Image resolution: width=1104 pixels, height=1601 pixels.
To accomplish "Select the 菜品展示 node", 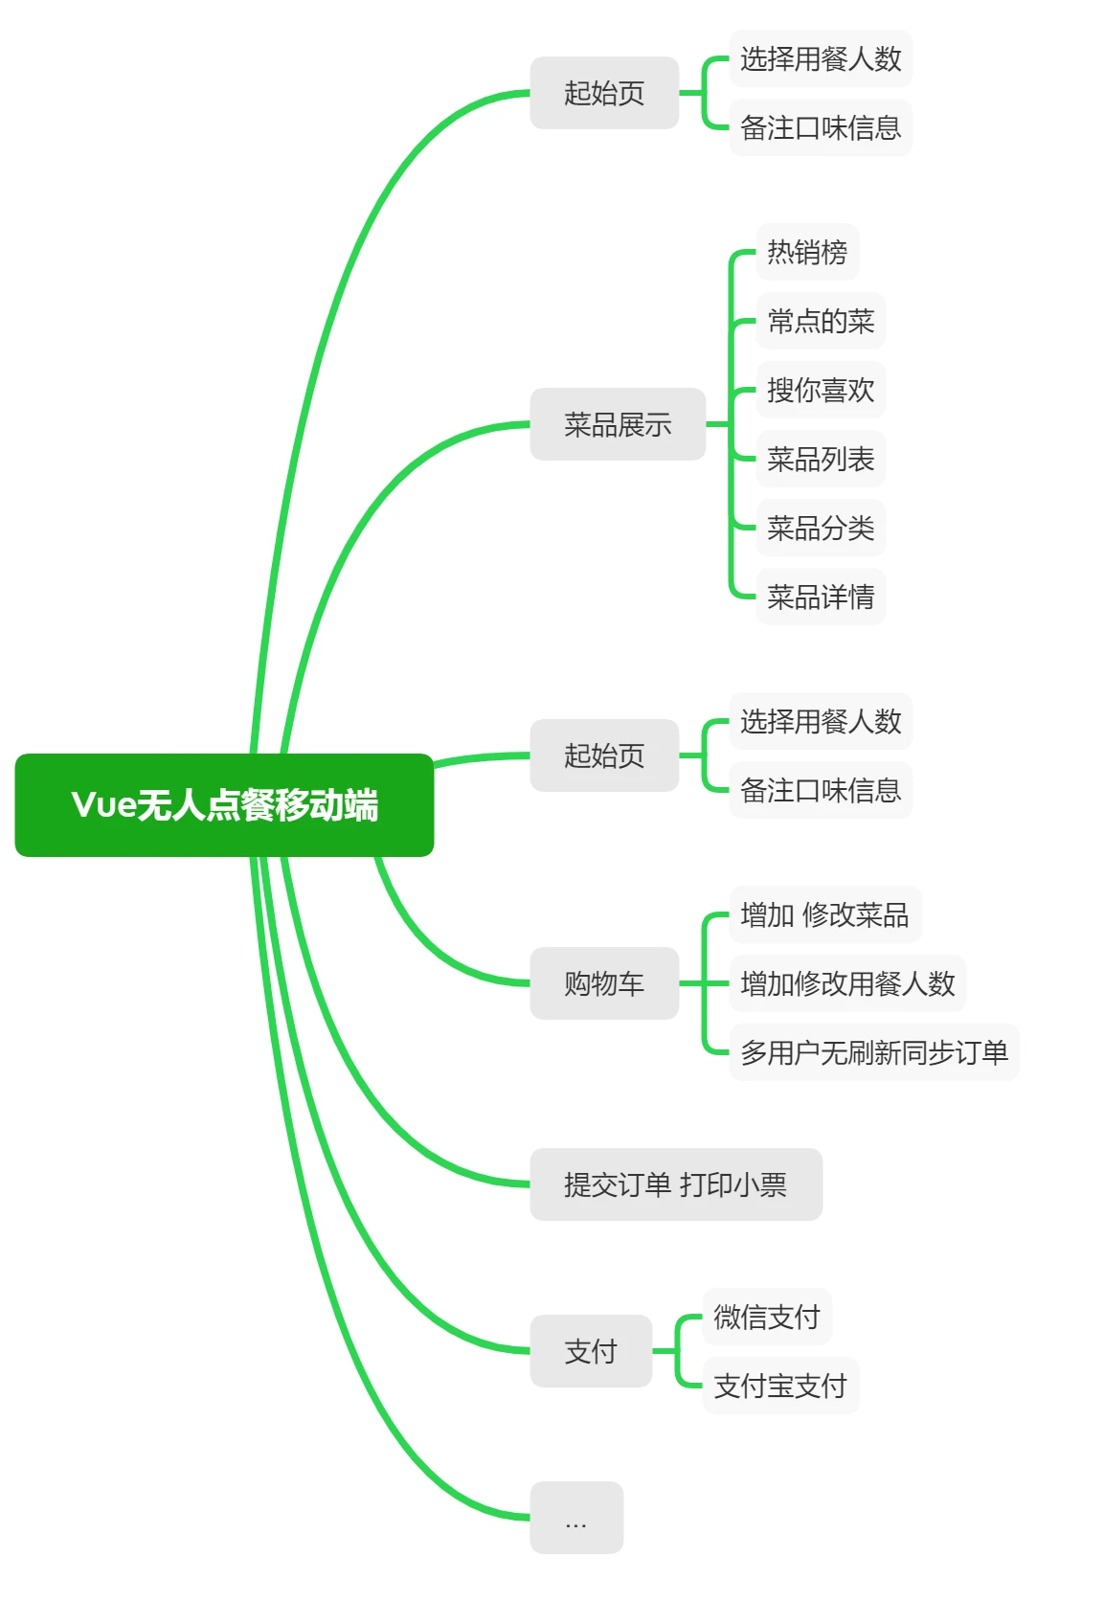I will tap(618, 424).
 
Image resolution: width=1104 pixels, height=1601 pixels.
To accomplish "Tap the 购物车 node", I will tap(604, 983).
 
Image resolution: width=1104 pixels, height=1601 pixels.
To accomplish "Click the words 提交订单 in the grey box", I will tap(617, 1184).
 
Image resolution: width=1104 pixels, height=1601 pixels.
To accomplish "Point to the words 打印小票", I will tap(733, 1184).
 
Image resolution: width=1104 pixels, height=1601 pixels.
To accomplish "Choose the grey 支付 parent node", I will tap(591, 1351).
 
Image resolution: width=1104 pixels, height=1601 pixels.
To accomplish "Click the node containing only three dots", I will tap(576, 1518).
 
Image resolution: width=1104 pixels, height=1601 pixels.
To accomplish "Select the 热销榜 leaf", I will tap(807, 252).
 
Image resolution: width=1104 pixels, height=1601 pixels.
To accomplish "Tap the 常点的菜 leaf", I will tap(821, 321).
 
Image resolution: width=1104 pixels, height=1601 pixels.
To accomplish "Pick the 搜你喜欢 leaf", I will tap(821, 390).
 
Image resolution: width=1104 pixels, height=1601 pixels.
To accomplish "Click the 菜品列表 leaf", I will tap(821, 459).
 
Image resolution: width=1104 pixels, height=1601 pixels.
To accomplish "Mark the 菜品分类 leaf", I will tap(821, 528).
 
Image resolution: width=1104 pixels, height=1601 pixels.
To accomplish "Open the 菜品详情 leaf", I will tap(821, 597).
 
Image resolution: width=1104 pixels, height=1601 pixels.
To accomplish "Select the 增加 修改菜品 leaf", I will tap(824, 914).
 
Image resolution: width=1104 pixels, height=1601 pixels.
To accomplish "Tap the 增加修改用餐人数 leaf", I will tap(847, 983).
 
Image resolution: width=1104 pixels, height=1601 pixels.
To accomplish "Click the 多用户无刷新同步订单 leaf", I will tap(874, 1052).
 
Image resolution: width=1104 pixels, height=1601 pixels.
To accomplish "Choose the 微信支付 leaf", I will tap(767, 1317).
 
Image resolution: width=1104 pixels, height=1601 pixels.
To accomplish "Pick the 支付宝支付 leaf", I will tap(780, 1386).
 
